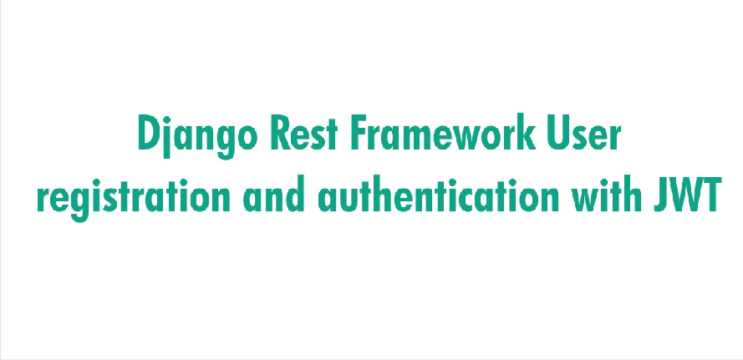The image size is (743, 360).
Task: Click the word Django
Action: coord(197,135)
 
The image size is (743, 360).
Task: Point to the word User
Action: coord(583,133)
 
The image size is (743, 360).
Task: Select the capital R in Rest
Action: coord(280,133)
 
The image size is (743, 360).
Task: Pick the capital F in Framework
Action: coord(359,133)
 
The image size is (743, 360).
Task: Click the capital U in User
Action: coord(558,133)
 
